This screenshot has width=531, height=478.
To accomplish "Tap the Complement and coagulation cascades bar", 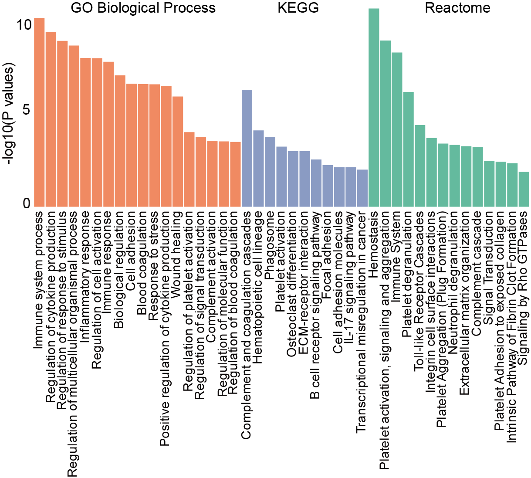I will tap(247, 148).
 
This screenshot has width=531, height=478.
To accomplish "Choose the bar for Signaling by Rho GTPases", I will tap(524, 189).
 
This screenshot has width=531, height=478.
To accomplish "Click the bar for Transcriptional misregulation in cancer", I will tap(362, 188).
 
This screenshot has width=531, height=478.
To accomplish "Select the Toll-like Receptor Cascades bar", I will tap(420, 166).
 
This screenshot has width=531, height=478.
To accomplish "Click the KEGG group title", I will tap(298, 8).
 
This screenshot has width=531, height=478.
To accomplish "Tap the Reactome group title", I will tap(457, 8).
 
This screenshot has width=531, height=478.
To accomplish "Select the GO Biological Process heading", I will tap(143, 8).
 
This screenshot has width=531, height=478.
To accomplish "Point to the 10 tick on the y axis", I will tap(24, 25).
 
